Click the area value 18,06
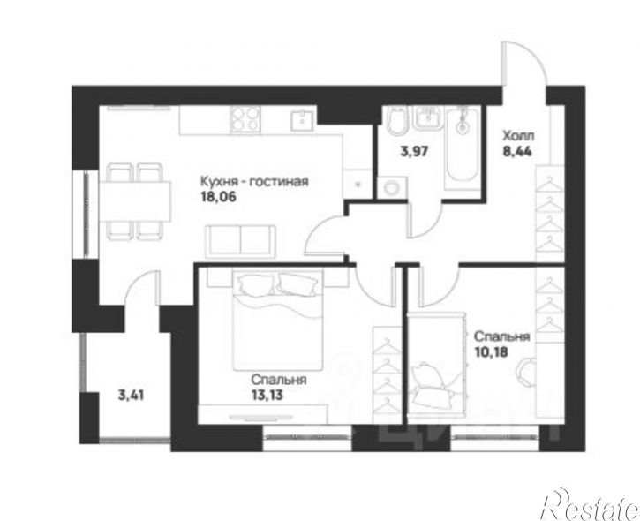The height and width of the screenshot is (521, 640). coord(218,197)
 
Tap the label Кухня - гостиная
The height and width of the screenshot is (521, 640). coord(254,181)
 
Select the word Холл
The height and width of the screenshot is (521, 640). coord(518,136)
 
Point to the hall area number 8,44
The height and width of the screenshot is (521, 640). coord(517,152)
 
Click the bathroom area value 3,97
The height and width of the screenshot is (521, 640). coord(413,152)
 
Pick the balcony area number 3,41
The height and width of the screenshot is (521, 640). coord(131,396)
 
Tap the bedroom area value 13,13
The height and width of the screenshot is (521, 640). coord(267,396)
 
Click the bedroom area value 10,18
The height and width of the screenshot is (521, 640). coord(492,351)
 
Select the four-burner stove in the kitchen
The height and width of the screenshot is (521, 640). coord(245,119)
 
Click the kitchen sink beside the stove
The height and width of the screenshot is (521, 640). coord(303,119)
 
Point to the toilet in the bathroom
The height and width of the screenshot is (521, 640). coord(396,121)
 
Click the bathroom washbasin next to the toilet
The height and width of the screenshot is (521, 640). coord(428,118)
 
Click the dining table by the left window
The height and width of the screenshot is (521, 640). coord(135,201)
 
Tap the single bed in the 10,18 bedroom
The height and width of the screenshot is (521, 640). coord(436,365)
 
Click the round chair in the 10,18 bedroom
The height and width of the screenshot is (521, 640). coord(527,372)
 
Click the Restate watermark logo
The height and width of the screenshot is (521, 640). coord(591,503)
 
